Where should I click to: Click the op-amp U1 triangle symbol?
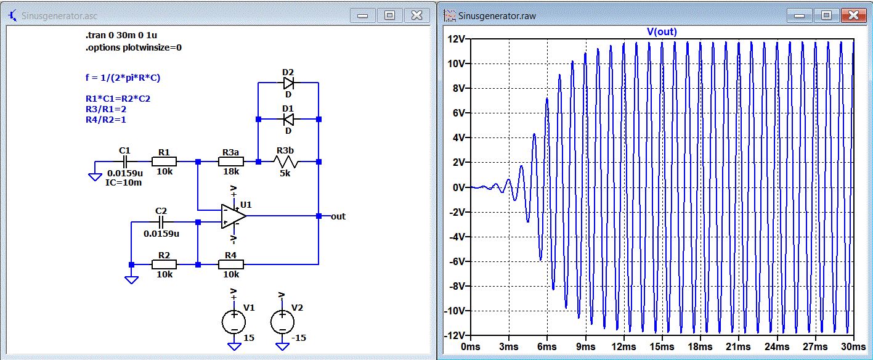pos(233,216)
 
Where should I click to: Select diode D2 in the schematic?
pos(288,82)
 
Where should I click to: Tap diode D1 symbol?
pos(288,119)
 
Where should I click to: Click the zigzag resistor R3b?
pos(288,162)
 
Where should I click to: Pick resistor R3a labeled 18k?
pos(231,162)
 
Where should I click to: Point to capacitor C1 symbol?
pos(124,162)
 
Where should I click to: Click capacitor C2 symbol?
pos(162,221)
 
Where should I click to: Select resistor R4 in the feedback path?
pos(231,264)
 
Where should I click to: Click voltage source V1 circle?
pos(233,321)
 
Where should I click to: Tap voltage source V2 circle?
pos(282,321)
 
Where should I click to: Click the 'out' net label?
pos(338,216)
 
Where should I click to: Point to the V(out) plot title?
pos(662,31)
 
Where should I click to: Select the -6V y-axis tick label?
pos(457,261)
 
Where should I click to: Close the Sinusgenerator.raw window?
pos(853,15)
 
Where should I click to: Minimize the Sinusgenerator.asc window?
pos(362,15)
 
